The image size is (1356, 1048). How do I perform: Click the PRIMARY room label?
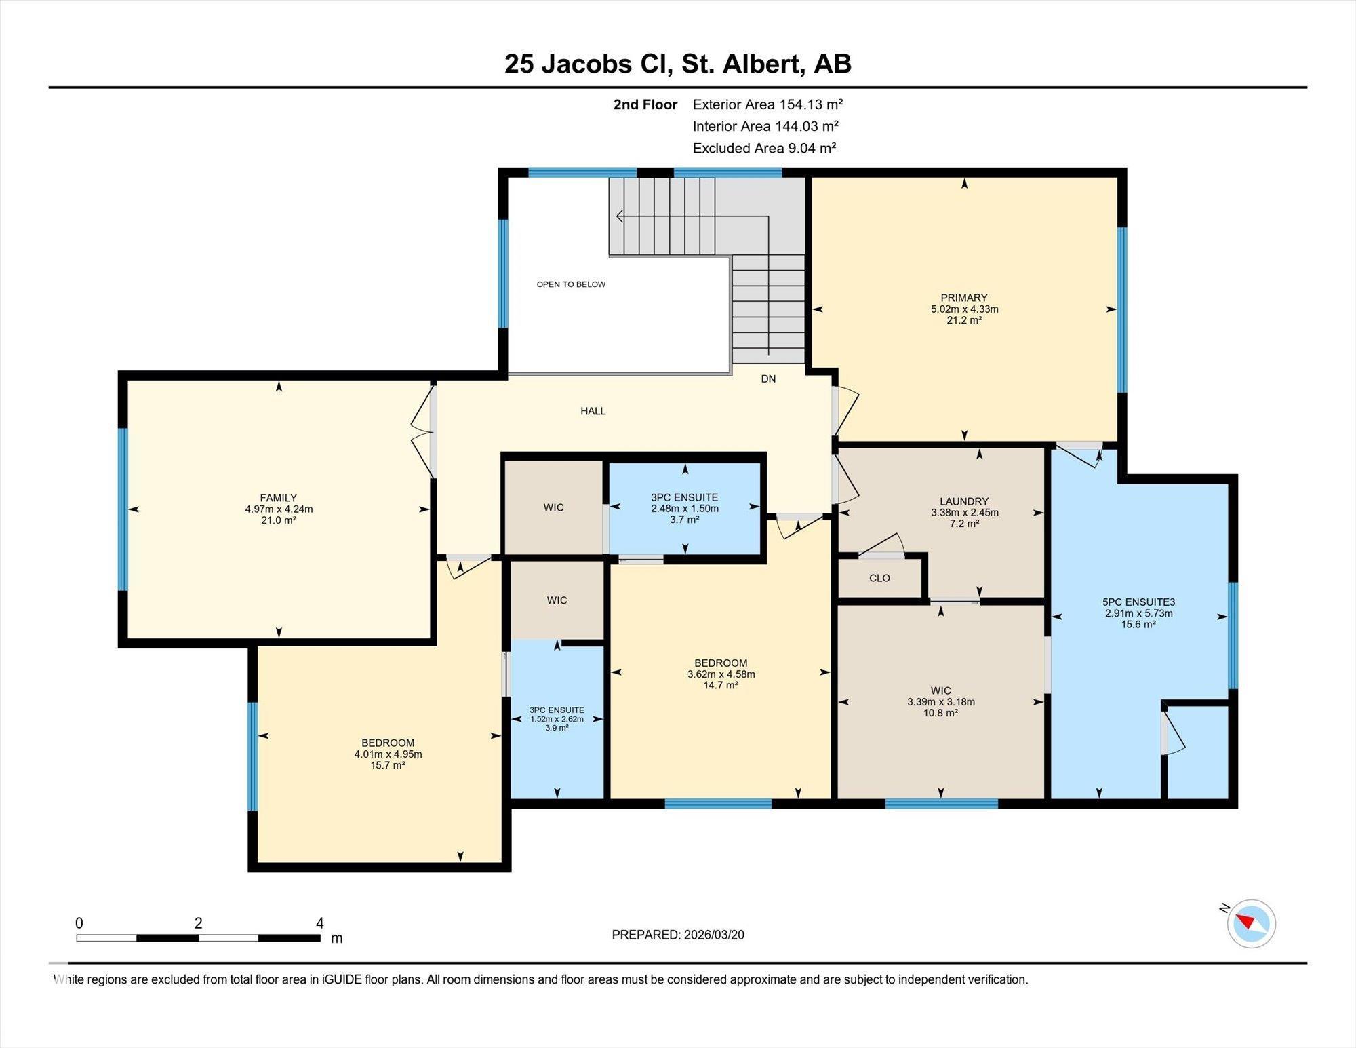pos(963,298)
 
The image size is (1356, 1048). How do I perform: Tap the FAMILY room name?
pos(278,498)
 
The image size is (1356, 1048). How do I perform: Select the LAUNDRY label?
pos(964,502)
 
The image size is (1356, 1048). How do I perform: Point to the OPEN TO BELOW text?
pos(571,284)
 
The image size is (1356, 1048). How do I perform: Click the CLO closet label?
pos(879,579)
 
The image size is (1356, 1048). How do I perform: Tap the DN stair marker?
pos(768,379)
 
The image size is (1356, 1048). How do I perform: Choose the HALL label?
pos(593,411)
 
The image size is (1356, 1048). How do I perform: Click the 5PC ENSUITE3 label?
pos(1138,602)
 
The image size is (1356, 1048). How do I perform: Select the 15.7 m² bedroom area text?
pos(388,765)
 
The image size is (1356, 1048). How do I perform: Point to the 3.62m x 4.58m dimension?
pos(721,674)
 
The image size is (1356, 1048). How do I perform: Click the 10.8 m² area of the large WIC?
pos(940,713)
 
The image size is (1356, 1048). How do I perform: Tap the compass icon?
pos(1251,923)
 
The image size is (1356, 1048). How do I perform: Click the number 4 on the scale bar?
pos(319,923)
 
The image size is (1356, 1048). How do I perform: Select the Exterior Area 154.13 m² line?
pos(767,104)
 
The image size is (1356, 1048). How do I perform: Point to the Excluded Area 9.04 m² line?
pos(764,148)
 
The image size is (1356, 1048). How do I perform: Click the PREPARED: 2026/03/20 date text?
pos(678,935)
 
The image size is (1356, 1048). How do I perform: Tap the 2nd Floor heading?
pos(645,104)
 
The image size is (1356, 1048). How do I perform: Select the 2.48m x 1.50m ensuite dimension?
pos(685,509)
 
